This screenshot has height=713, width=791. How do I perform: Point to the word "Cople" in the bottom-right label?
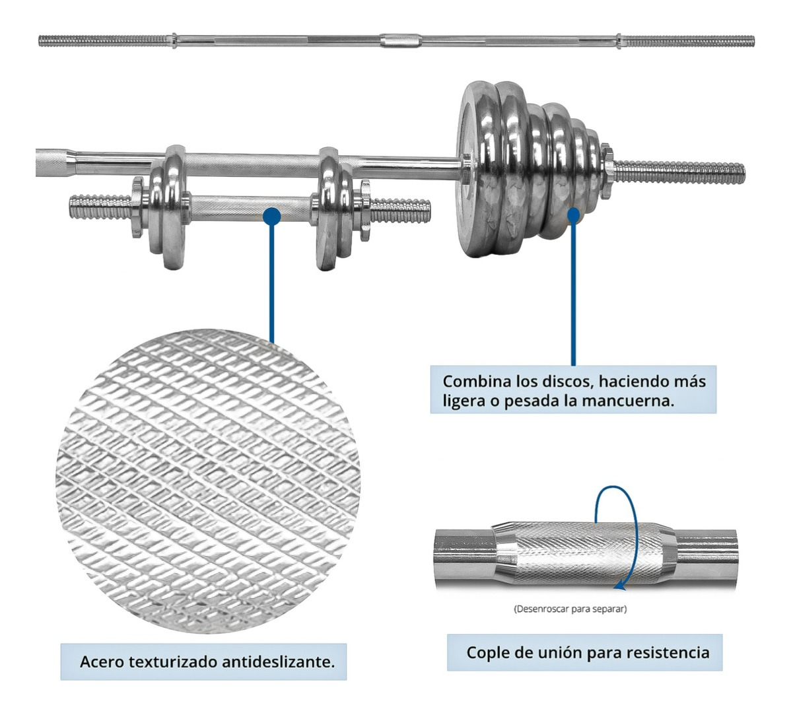coord(487,653)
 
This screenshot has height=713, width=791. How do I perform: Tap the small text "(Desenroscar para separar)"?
coord(570,609)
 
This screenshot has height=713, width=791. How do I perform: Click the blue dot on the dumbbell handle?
coord(271,216)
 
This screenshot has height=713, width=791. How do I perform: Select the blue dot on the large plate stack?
coord(573,215)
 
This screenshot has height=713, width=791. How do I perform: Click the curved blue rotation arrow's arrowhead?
coord(619,584)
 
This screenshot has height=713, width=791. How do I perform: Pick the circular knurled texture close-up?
coord(208,482)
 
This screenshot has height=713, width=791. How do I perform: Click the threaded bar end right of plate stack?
coord(680,172)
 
